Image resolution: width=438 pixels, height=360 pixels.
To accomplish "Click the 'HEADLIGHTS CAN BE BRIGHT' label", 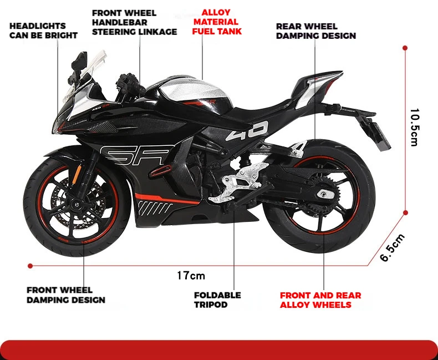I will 43,31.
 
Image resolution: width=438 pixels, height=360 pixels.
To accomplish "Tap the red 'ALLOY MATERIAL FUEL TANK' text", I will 217,22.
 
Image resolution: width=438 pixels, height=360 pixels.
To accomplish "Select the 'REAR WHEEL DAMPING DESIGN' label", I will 315,31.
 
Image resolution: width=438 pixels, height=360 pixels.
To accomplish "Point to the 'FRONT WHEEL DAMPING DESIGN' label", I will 65,295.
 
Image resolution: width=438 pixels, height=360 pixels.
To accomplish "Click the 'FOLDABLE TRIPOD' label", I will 217,300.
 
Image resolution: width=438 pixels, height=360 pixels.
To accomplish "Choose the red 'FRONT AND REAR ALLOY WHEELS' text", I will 320,300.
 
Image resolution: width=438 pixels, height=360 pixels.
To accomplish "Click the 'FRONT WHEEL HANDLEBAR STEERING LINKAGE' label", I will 134,22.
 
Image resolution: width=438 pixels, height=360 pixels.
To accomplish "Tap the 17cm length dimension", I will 191,275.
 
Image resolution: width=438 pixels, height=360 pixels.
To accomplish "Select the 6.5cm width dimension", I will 393,248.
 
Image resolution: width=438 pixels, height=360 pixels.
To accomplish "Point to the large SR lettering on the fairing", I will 136,156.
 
